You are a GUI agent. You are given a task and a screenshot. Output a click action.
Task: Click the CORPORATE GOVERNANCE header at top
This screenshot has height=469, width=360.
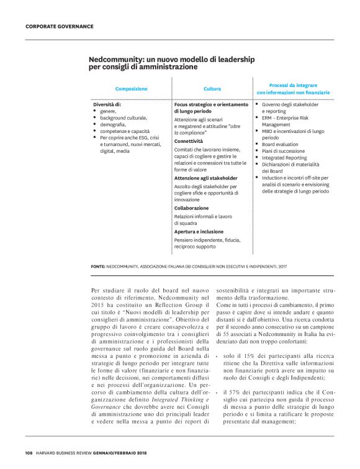pyautogui.click(x=60, y=26)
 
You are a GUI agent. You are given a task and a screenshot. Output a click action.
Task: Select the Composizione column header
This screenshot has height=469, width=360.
pyautogui.click(x=131, y=89)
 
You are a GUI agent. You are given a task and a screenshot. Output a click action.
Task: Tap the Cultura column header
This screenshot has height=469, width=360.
pyautogui.click(x=212, y=89)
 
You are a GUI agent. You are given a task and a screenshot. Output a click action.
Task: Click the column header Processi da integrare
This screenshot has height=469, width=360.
pyautogui.click(x=293, y=85)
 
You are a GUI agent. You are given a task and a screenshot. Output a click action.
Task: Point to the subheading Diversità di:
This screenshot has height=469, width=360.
pyautogui.click(x=107, y=104)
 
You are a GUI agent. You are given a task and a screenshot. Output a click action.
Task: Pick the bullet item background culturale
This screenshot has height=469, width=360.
pyautogui.click(x=124, y=117)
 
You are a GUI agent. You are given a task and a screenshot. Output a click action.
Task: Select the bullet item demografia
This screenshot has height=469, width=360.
pyautogui.click(x=113, y=124)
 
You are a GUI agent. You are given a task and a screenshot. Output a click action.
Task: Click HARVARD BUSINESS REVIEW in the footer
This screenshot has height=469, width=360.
pyautogui.click(x=69, y=452)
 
